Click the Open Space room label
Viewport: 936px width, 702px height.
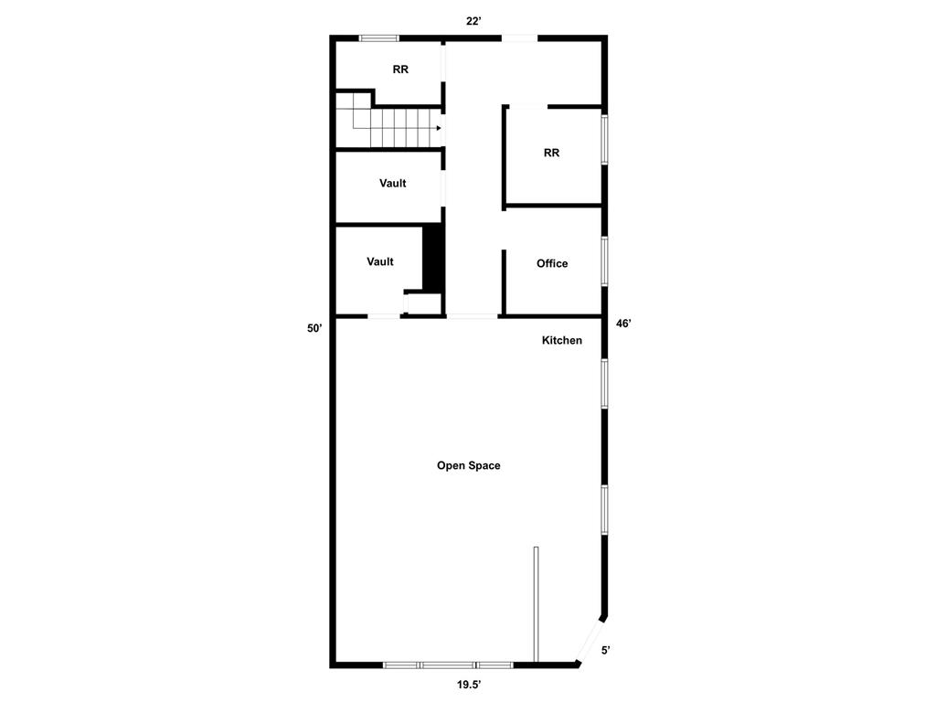click(468, 465)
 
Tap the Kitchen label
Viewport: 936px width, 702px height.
click(561, 340)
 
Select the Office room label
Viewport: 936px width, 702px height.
click(551, 263)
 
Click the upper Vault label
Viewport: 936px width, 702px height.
click(393, 183)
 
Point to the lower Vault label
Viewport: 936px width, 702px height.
click(380, 261)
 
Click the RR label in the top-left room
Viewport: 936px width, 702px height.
click(400, 69)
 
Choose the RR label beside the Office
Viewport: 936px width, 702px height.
click(551, 153)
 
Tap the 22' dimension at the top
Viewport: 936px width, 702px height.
click(473, 21)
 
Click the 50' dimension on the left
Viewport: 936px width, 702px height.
click(314, 328)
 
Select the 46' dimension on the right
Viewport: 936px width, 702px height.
click(623, 324)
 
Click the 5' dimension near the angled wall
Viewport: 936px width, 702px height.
click(605, 651)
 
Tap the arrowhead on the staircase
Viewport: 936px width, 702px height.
click(440, 128)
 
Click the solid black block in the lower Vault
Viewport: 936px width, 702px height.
click(433, 258)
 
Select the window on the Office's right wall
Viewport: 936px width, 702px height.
click(604, 261)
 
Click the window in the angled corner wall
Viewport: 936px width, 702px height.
click(590, 639)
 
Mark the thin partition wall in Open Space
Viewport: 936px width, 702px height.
click(536, 603)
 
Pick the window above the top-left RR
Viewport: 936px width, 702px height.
click(378, 38)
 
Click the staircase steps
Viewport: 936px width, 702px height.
click(393, 126)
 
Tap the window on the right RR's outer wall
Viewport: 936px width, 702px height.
click(604, 139)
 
